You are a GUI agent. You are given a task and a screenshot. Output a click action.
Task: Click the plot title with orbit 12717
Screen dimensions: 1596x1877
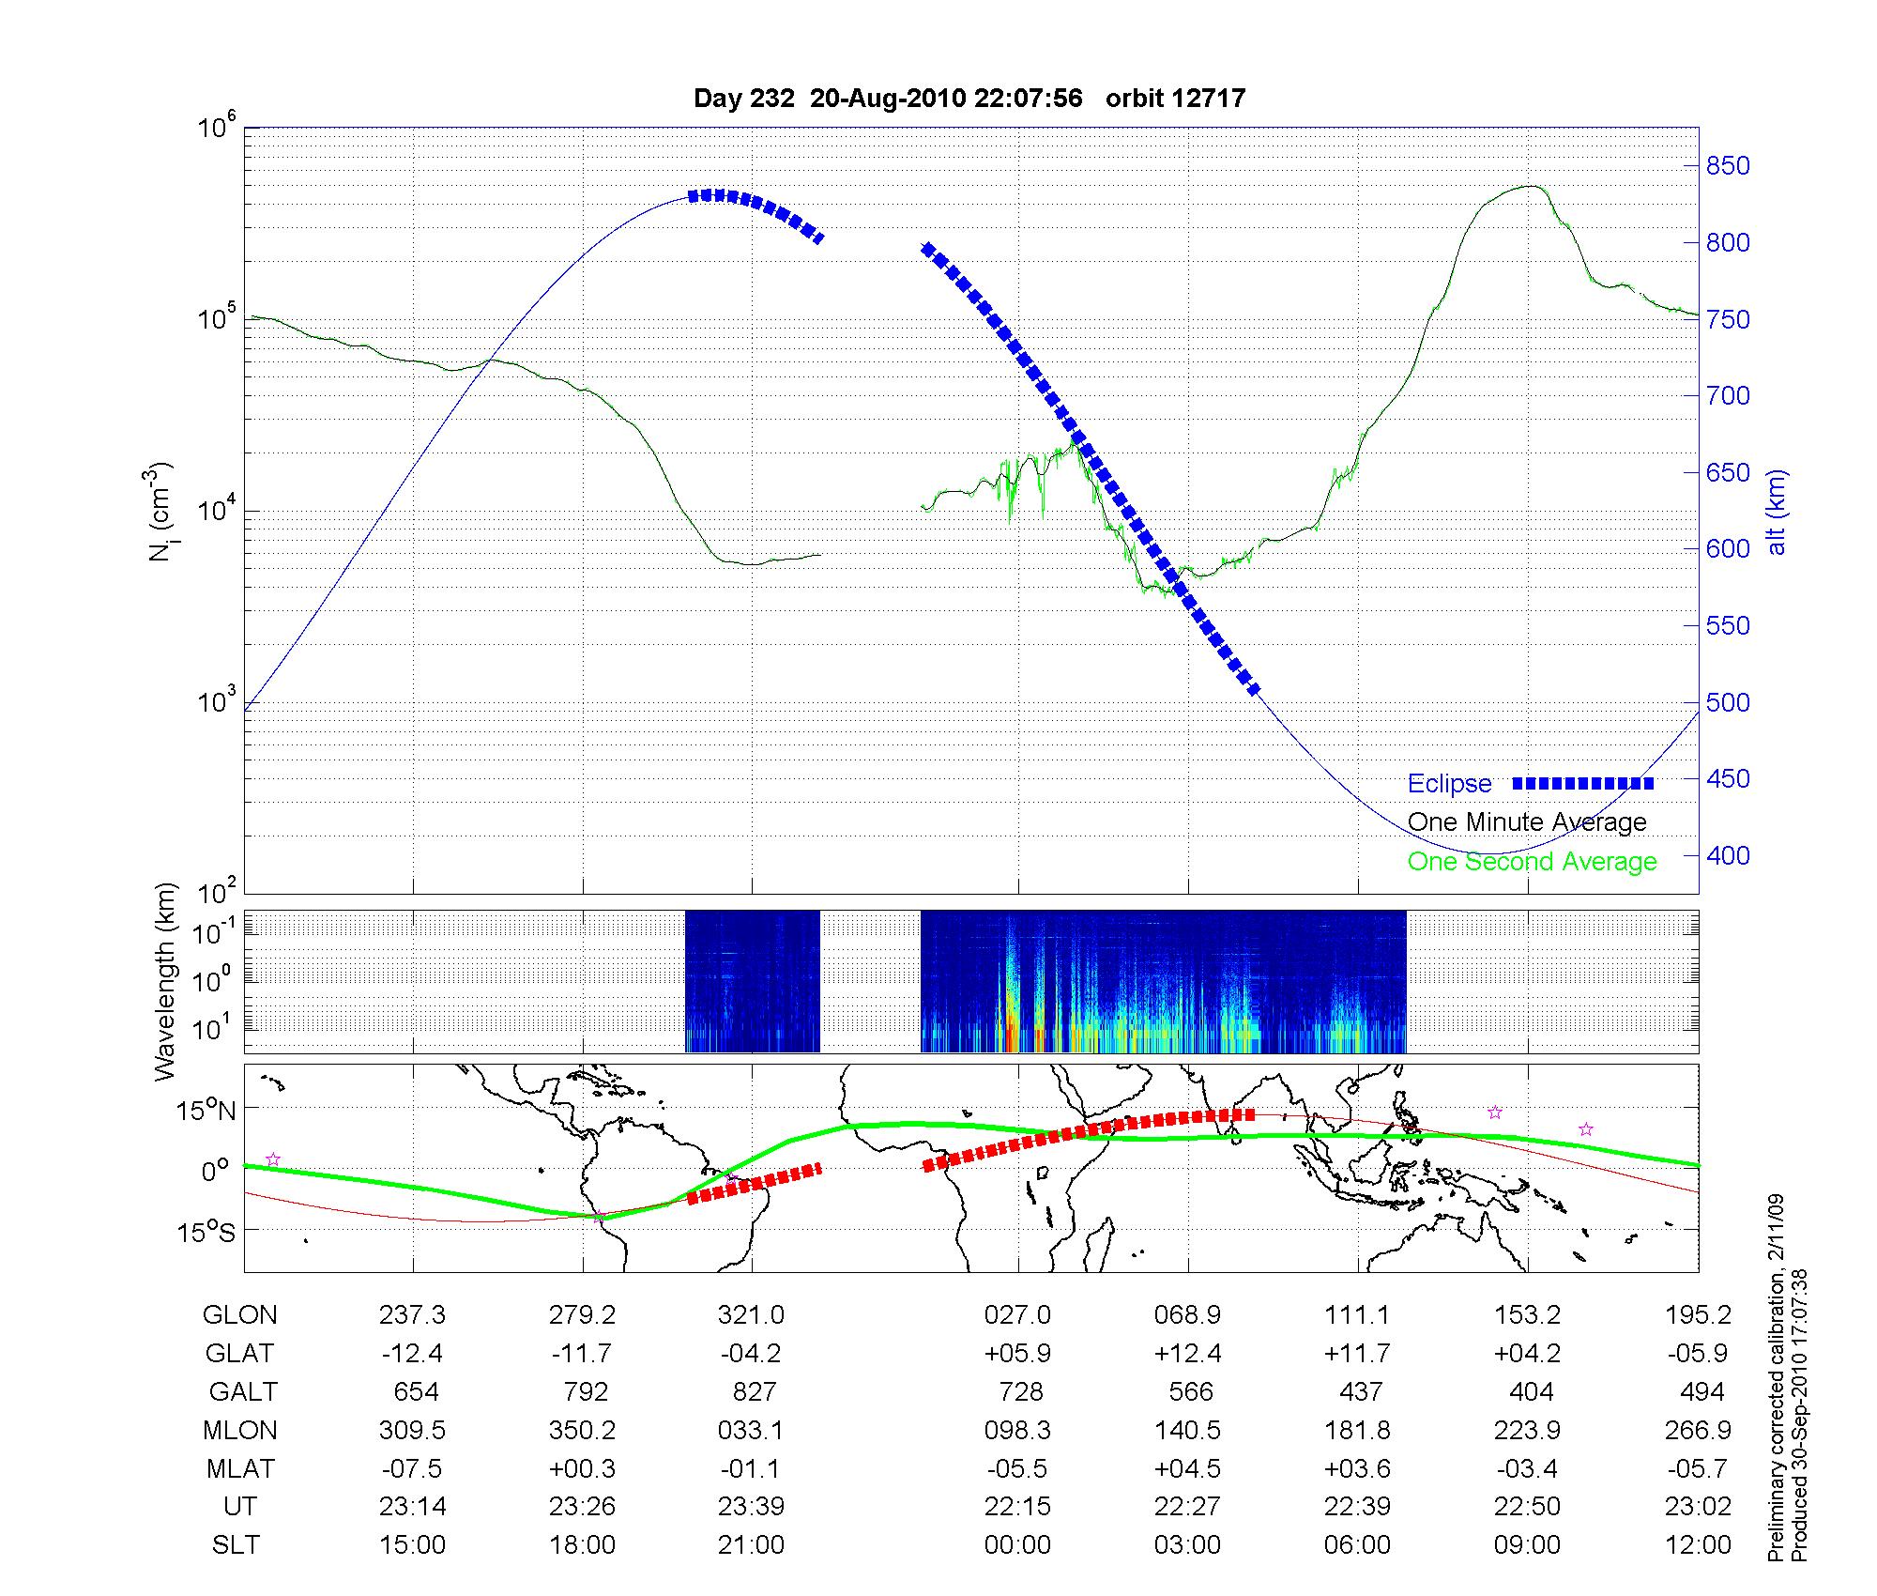[969, 99]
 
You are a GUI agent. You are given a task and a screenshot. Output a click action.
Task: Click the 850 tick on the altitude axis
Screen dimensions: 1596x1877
[1727, 166]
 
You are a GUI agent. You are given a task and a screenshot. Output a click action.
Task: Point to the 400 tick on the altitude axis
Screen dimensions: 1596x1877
[1727, 855]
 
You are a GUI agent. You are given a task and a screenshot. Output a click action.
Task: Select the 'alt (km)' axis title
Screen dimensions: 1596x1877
[1777, 512]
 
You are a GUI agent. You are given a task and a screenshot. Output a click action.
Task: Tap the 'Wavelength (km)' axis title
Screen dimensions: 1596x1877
[165, 982]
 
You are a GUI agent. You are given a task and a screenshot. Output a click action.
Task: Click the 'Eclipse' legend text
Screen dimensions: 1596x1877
[1449, 784]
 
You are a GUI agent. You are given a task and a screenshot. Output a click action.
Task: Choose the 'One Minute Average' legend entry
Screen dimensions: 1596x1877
[1527, 822]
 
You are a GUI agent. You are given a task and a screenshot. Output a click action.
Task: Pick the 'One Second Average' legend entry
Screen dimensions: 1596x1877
[1532, 862]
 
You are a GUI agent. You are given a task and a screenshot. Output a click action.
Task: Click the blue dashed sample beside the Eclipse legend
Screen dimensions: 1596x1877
[1583, 783]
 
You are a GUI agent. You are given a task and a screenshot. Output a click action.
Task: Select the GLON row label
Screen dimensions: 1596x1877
[239, 1315]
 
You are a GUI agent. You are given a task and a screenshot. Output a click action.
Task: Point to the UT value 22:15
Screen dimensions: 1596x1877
[1017, 1507]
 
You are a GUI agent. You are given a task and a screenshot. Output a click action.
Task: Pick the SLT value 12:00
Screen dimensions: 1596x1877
[1698, 1545]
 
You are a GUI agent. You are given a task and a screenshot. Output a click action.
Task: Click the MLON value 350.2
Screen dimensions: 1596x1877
[582, 1431]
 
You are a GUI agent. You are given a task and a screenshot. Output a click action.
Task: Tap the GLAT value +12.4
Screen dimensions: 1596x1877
[1187, 1354]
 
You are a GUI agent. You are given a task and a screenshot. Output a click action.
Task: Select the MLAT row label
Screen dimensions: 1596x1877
[240, 1468]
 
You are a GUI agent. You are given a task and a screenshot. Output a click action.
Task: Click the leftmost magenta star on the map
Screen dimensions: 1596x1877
[273, 1159]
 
